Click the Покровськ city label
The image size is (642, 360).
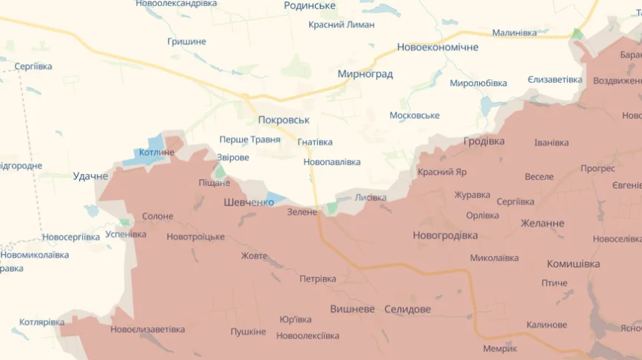click(283, 120)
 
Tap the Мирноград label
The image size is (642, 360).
click(365, 74)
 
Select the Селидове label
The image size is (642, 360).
click(407, 310)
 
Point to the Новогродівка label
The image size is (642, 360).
click(445, 235)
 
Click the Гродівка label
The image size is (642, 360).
click(484, 141)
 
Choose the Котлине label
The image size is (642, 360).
click(157, 153)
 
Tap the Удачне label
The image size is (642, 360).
click(90, 176)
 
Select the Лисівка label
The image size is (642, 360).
click(370, 197)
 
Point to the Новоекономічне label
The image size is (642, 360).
click(437, 47)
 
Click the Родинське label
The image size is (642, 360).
click(310, 6)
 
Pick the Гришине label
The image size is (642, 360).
click(185, 41)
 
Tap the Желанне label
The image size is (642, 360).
click(542, 223)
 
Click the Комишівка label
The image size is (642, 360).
click(573, 264)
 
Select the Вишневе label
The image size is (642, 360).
click(352, 310)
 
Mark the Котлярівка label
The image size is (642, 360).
click(41, 322)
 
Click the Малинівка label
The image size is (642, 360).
click(514, 32)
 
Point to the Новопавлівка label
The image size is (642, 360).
click(332, 162)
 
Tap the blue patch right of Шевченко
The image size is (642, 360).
click(275, 199)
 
